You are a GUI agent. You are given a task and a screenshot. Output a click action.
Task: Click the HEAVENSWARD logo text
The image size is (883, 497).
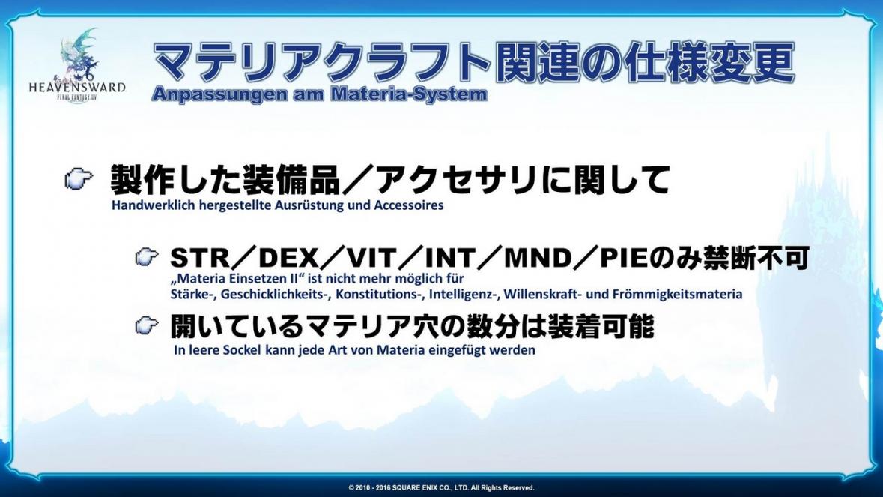77,88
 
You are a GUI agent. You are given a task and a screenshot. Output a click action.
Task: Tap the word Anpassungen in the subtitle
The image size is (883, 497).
219,94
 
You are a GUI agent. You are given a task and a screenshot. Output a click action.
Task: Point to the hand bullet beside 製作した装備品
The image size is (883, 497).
79,179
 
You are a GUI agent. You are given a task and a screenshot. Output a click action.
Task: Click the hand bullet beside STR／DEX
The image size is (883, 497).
148,257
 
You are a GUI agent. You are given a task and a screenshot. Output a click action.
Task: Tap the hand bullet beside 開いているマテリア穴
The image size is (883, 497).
148,325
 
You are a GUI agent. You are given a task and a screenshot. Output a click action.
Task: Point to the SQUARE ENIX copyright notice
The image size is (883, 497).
441,487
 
